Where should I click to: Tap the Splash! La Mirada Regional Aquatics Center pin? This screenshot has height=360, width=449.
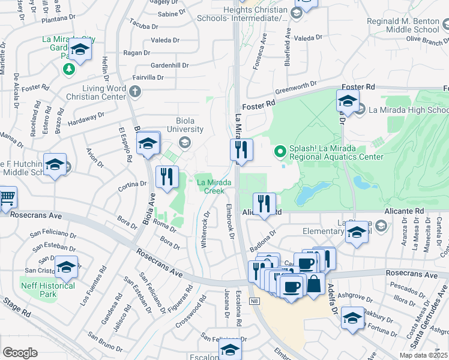(279, 151)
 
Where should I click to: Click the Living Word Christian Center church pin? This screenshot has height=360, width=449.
(135, 92)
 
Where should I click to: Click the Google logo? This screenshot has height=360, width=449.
(20, 353)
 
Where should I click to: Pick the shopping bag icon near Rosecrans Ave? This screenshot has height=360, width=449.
(314, 284)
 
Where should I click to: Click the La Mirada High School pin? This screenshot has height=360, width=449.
(360, 109)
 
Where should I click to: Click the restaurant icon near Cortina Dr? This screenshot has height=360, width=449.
(167, 177)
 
